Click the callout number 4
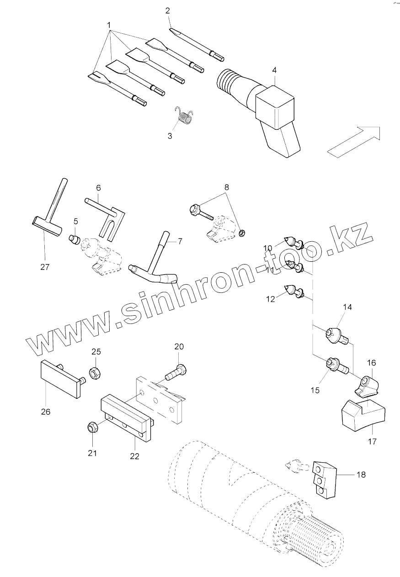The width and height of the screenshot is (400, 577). coord(274,70)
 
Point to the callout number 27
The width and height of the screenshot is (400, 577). coord(44,267)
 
